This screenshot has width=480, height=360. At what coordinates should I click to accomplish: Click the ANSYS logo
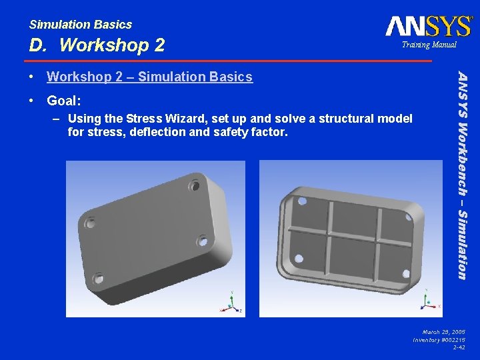pyautogui.click(x=428, y=26)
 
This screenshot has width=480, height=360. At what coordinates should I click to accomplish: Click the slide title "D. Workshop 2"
pyautogui.click(x=97, y=45)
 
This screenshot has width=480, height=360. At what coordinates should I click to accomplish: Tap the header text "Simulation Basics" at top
pyautogui.click(x=80, y=25)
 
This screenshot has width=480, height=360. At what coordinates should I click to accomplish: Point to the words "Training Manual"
pyautogui.click(x=429, y=45)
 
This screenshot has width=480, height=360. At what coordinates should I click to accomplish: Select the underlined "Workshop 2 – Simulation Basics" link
pyautogui.click(x=149, y=77)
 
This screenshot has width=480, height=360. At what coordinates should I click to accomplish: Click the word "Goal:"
pyautogui.click(x=63, y=101)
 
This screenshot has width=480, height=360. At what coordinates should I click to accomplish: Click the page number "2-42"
pyautogui.click(x=459, y=347)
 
